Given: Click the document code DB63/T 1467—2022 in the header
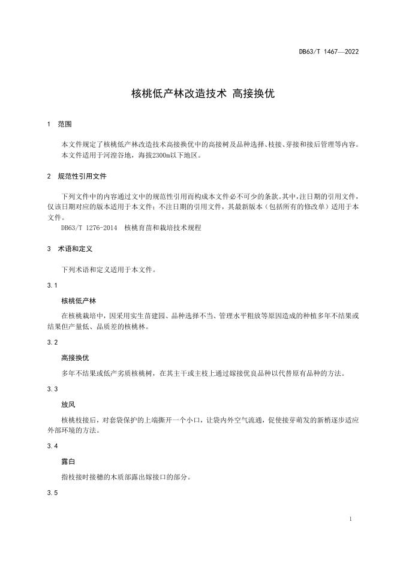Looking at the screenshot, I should coord(329,52).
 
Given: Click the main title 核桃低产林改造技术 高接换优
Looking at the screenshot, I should coord(198,94).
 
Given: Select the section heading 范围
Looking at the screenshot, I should coord(65,125).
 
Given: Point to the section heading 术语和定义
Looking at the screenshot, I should coord(75,248).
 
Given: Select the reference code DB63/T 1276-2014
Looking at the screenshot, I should coord(89,228).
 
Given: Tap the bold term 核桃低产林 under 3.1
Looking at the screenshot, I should coord(79,300).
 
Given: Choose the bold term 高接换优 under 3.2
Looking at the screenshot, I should coord(75,358).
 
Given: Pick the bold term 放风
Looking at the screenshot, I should coord(68,405).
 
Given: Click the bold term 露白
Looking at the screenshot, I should coord(68,462).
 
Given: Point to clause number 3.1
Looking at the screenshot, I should coord(52,285).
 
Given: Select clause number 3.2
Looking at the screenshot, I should coord(52,342).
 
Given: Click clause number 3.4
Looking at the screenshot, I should coord(52,447).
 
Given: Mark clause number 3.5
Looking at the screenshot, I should coord(52,493).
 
